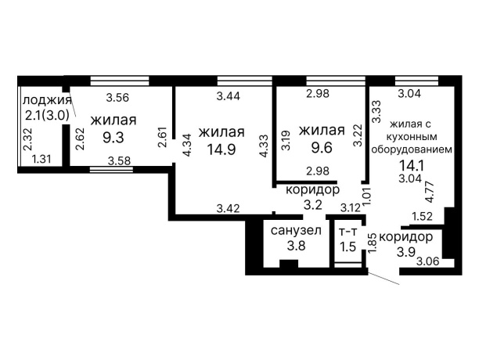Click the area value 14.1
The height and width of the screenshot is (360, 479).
click(x=412, y=164)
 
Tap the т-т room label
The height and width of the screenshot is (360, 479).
click(x=348, y=232)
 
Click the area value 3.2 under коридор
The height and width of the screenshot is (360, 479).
click(x=313, y=206)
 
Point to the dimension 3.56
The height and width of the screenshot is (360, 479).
click(x=117, y=98)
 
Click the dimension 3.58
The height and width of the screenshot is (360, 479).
click(x=119, y=160)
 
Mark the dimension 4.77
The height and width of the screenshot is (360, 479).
click(x=428, y=192)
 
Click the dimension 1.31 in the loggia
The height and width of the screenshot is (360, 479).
click(x=41, y=159)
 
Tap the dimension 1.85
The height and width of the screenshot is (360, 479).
click(x=373, y=238)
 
